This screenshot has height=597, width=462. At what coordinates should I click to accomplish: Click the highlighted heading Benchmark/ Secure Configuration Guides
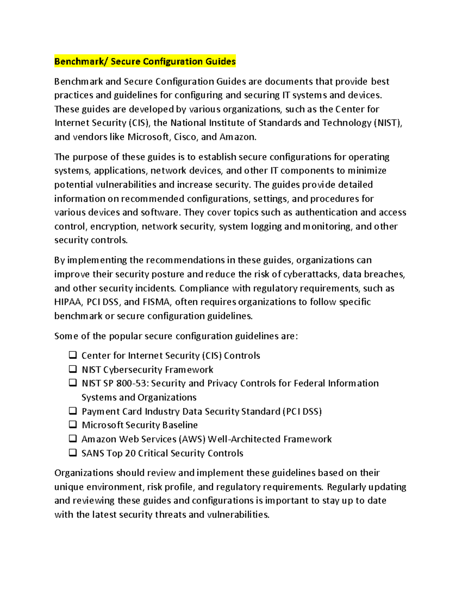pyautogui.click(x=145, y=62)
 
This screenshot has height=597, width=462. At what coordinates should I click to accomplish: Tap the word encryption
pyautogui.click(x=114, y=226)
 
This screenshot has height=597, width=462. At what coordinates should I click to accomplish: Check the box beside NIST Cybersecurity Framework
pyautogui.click(x=73, y=369)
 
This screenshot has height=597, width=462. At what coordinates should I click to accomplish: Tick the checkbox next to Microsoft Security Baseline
pyautogui.click(x=73, y=424)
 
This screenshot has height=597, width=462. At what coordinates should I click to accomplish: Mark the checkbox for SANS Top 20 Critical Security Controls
pyautogui.click(x=73, y=452)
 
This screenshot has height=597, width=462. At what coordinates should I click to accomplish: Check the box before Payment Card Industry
pyautogui.click(x=73, y=411)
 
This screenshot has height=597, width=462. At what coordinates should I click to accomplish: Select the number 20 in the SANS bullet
pyautogui.click(x=131, y=453)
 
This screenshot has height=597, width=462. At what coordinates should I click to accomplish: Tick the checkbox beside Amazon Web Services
pyautogui.click(x=73, y=438)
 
